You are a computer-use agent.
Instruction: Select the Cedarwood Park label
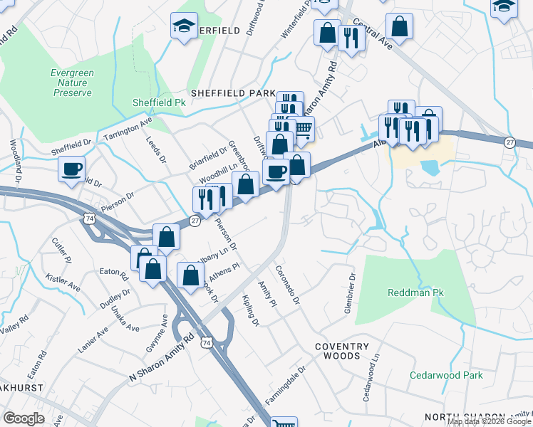[446, 375]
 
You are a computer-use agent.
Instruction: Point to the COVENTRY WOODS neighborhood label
[343, 352]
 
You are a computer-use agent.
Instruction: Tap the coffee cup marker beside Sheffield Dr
[72, 169]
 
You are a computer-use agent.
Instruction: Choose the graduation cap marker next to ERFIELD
[185, 26]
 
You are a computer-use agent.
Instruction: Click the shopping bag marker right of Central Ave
[400, 27]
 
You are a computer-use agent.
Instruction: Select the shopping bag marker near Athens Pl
[191, 275]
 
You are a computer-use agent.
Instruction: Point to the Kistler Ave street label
[63, 281]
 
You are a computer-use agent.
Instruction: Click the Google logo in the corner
[24, 418]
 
